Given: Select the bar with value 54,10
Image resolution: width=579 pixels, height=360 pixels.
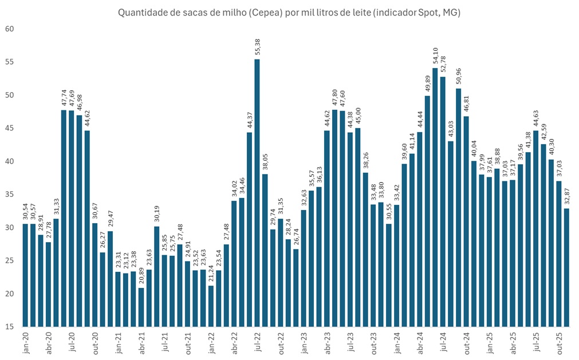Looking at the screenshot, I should click(435, 197).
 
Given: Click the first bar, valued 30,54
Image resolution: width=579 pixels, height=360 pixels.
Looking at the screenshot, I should click(25, 275).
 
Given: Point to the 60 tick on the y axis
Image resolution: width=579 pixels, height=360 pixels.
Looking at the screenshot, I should click(10, 29).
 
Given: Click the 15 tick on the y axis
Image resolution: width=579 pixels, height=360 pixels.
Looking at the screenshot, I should click(10, 327).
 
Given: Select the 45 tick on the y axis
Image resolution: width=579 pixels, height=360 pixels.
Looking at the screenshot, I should click(10, 128).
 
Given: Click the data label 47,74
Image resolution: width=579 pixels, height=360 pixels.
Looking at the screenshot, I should click(64, 98).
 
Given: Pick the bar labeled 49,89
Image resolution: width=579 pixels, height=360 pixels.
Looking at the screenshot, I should click(427, 212).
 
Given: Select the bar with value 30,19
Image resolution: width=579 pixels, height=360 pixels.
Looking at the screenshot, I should click(156, 277).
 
